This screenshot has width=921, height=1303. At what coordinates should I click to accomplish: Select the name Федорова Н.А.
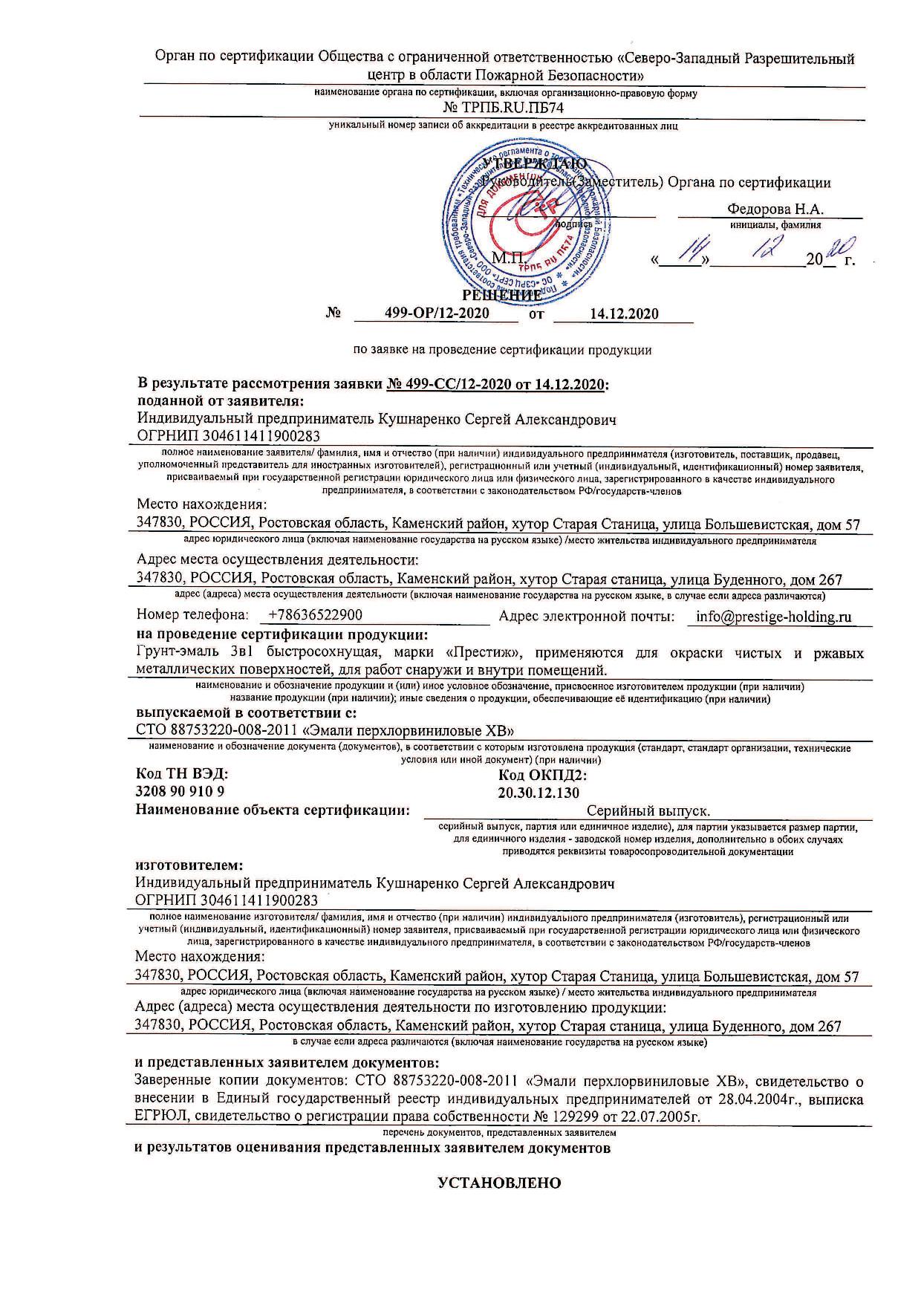(775, 209)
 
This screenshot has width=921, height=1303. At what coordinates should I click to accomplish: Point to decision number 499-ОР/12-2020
(437, 313)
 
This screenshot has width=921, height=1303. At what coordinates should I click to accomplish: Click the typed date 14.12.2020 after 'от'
(624, 313)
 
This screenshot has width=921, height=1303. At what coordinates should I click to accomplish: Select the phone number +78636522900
(316, 615)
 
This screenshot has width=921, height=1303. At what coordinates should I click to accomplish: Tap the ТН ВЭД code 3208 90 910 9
(180, 791)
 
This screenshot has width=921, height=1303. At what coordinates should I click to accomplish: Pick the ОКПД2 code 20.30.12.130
(538, 793)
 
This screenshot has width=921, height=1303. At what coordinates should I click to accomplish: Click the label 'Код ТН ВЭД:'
(181, 774)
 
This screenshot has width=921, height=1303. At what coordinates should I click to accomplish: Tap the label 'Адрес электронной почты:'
(586, 616)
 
